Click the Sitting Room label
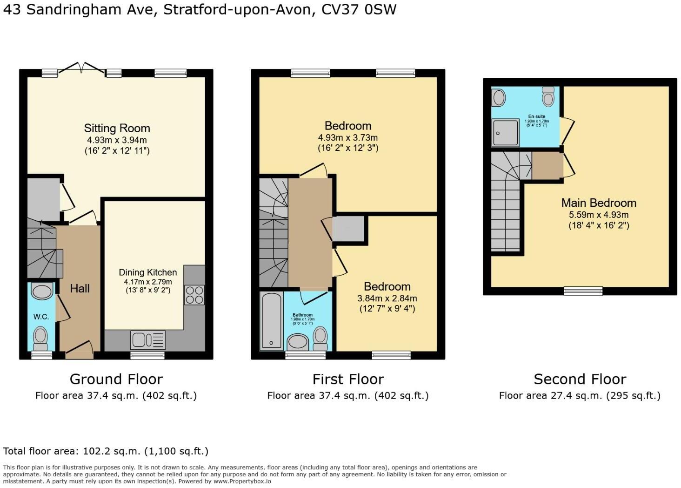[117, 128]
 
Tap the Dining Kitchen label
[147, 272]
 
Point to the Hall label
[80, 289]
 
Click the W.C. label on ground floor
[41, 317]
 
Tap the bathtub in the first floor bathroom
[271, 321]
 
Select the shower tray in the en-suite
[505, 133]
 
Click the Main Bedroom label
[598, 203]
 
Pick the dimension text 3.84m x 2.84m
[387, 298]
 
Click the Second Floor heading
[580, 379]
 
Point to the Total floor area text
[106, 451]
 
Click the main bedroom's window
[583, 291]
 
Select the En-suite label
[536, 116]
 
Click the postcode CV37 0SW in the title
[359, 10]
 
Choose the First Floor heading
[348, 379]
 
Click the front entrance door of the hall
[80, 349]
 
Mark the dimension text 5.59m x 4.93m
[598, 215]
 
